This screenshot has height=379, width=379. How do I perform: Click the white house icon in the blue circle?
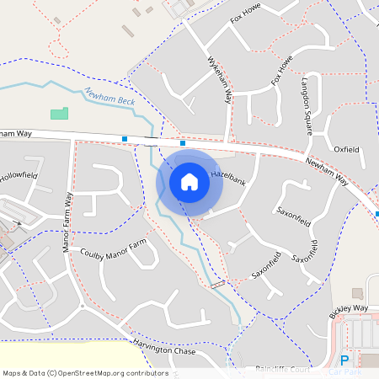tap(189, 182)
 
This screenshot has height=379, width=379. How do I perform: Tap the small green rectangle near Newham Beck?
tap(58, 113)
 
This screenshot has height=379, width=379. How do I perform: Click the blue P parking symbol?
tap(344, 360)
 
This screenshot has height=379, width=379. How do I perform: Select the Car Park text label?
tap(345, 371)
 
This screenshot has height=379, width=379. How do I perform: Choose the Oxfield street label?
tap(346, 149)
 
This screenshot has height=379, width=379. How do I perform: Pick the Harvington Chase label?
tap(163, 346)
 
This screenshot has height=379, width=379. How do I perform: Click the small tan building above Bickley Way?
tap(357, 293)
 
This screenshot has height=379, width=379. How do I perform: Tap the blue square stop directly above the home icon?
tap(183, 143)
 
